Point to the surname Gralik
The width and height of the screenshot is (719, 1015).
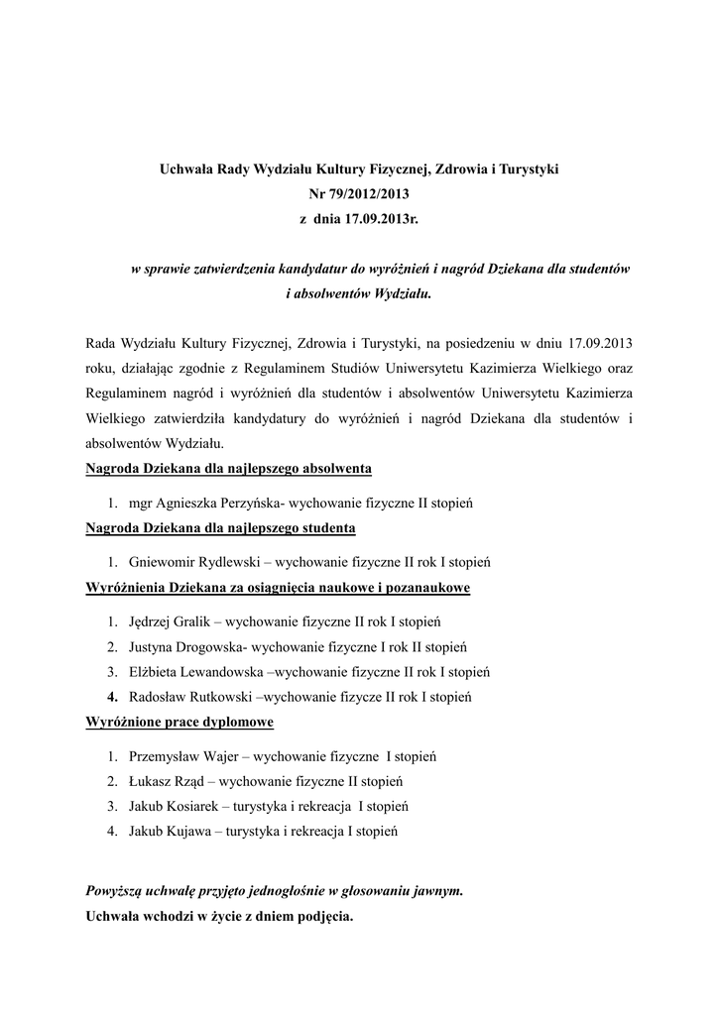click(x=196, y=621)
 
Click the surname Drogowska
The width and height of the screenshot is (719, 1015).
click(x=210, y=647)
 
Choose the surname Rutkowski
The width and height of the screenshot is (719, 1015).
click(x=215, y=697)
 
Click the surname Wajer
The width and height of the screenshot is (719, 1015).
click(x=221, y=756)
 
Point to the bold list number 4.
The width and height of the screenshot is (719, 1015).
click(x=112, y=697)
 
